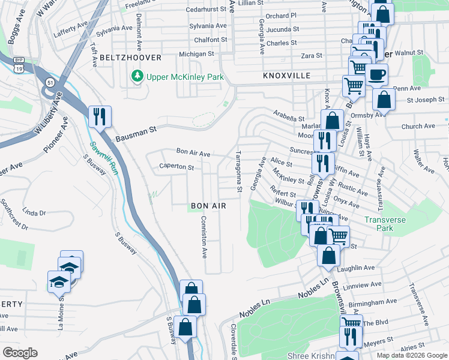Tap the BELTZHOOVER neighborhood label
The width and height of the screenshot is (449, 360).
[131, 58]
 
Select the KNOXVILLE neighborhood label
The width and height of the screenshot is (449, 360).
[286, 76]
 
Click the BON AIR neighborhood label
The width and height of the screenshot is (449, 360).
[208, 206]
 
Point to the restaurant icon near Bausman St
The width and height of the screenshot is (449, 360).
[100, 116]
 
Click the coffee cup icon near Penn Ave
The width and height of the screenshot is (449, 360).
[376, 74]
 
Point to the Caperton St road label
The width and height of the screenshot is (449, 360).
[176, 167]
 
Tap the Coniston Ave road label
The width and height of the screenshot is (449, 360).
[204, 237]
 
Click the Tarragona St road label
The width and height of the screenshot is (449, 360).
[239, 172]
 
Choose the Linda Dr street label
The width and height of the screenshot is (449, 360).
[34, 213]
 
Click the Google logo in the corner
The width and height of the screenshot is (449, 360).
[20, 353]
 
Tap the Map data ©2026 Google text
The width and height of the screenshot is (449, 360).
[412, 355]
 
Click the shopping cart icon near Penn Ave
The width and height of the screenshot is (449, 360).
[354, 86]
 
